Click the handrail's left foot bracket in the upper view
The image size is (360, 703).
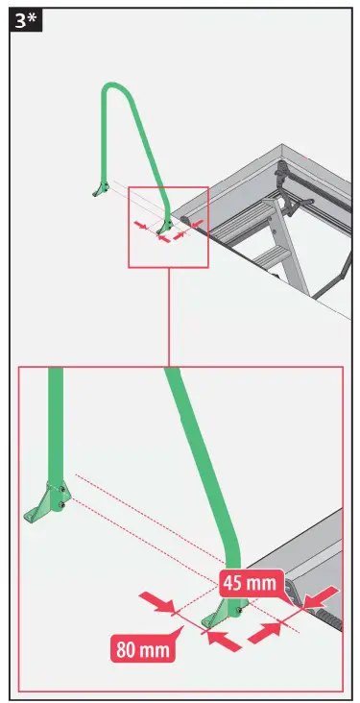click(97, 189)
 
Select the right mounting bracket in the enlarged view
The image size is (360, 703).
click(229, 609)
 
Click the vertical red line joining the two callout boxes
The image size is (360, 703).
click(168, 317)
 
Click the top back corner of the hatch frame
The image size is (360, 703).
click(289, 149)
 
